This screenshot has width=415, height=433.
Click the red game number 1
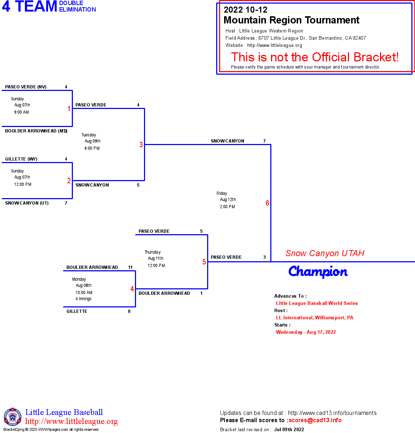(69, 109)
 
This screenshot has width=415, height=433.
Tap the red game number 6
(267, 203)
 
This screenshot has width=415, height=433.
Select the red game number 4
(132, 289)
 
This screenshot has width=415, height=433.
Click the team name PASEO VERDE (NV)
(26, 87)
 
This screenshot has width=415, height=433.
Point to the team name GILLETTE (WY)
(21, 159)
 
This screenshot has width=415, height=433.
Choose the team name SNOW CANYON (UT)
(27, 203)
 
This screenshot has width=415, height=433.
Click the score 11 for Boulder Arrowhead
(130, 267)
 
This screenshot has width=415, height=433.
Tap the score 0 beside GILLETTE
(129, 311)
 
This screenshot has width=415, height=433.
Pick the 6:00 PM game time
(92, 148)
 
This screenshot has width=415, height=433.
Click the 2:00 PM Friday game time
(227, 207)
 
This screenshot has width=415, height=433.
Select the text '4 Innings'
(83, 299)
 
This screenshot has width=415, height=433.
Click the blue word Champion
(318, 272)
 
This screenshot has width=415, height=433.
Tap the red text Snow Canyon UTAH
(325, 253)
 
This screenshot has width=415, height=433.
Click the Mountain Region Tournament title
(291, 20)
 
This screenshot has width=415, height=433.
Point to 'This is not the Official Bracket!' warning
(315, 57)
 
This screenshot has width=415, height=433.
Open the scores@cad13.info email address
(315, 420)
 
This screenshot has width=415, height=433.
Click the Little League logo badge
(13, 417)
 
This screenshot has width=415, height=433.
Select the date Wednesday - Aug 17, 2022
(306, 332)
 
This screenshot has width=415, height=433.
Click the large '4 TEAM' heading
(30, 6)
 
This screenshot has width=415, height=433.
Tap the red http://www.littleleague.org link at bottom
(71, 421)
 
